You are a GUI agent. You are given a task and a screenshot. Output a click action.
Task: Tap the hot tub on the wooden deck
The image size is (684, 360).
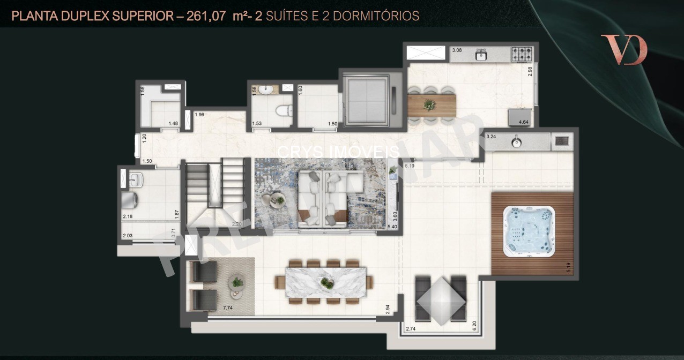pyautogui.click(x=529, y=231)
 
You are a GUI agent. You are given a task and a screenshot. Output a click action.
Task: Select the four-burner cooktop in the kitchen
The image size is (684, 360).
pyautogui.click(x=521, y=54)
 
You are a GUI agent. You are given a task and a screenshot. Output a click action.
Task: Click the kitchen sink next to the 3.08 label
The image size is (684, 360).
pyautogui.click(x=481, y=54)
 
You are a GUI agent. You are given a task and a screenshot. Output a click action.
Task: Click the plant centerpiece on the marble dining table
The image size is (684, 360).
pyautogui.click(x=327, y=283)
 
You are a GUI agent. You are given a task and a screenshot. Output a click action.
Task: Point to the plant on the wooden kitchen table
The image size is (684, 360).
pyautogui.click(x=429, y=104)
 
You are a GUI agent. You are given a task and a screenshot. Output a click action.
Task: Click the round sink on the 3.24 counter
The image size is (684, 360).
pyautogui.click(x=516, y=142)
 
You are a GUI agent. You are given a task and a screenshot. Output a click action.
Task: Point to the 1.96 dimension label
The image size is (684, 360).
pyautogui.click(x=199, y=115)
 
